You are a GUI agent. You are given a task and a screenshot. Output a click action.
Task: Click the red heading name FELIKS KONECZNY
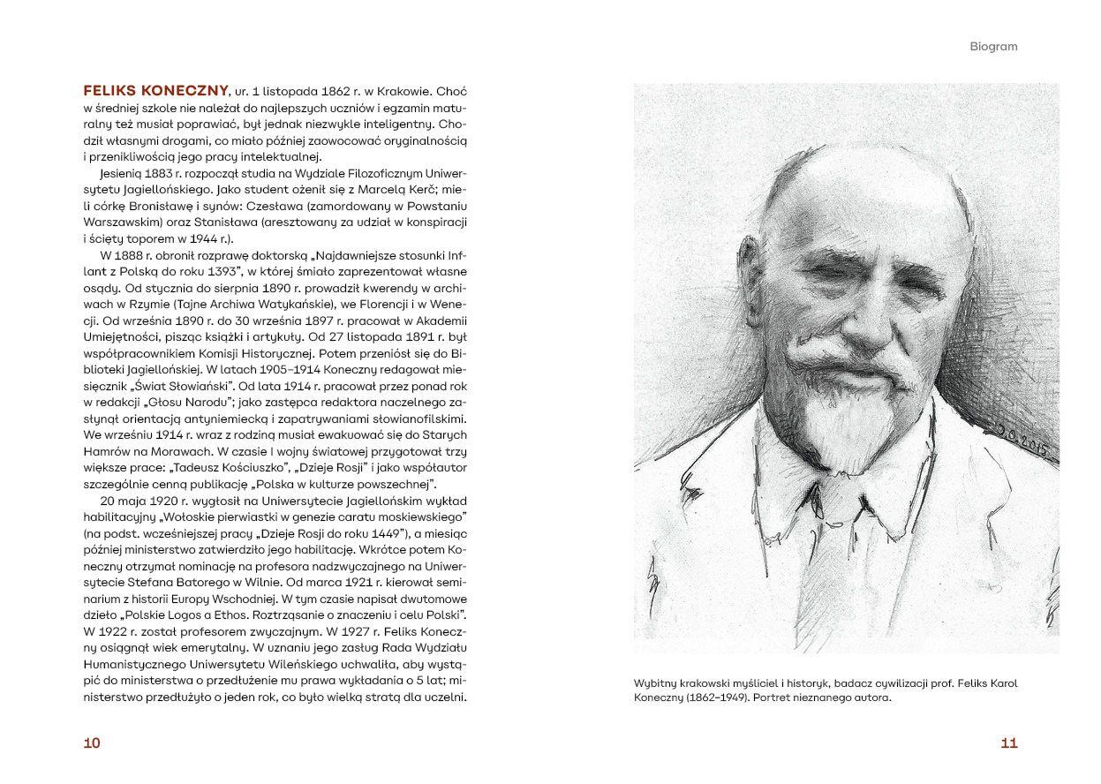pos(154,90)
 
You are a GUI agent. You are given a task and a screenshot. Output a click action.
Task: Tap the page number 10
pos(92,743)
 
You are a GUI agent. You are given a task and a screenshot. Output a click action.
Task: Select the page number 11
pos(1009,743)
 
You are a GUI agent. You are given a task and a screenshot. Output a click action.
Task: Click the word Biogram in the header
pos(993,46)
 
